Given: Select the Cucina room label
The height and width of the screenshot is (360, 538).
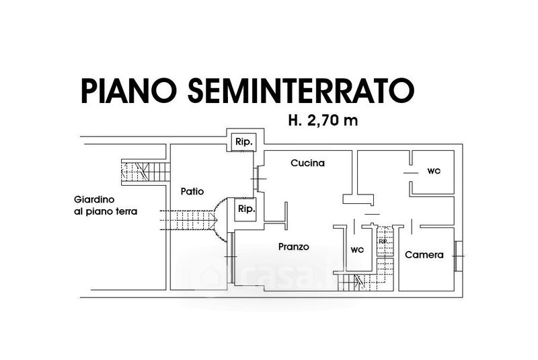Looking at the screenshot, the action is [x=308, y=163].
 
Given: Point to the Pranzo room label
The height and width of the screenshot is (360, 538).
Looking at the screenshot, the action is [x=294, y=247].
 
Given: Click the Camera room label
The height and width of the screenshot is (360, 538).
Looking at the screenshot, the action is [x=424, y=255].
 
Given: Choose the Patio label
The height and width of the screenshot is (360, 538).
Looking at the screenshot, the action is [x=192, y=191].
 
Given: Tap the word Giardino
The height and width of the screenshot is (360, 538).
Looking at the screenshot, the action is [x=95, y=200].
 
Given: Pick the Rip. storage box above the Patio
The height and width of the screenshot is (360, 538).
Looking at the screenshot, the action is [x=243, y=143].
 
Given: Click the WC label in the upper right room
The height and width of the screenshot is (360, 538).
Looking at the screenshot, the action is [x=434, y=172].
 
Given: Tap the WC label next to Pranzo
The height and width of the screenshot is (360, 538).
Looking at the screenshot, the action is [x=356, y=250].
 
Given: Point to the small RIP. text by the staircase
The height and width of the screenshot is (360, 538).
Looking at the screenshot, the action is [x=383, y=242].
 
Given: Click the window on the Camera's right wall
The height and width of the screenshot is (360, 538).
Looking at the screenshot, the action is [x=458, y=256].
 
